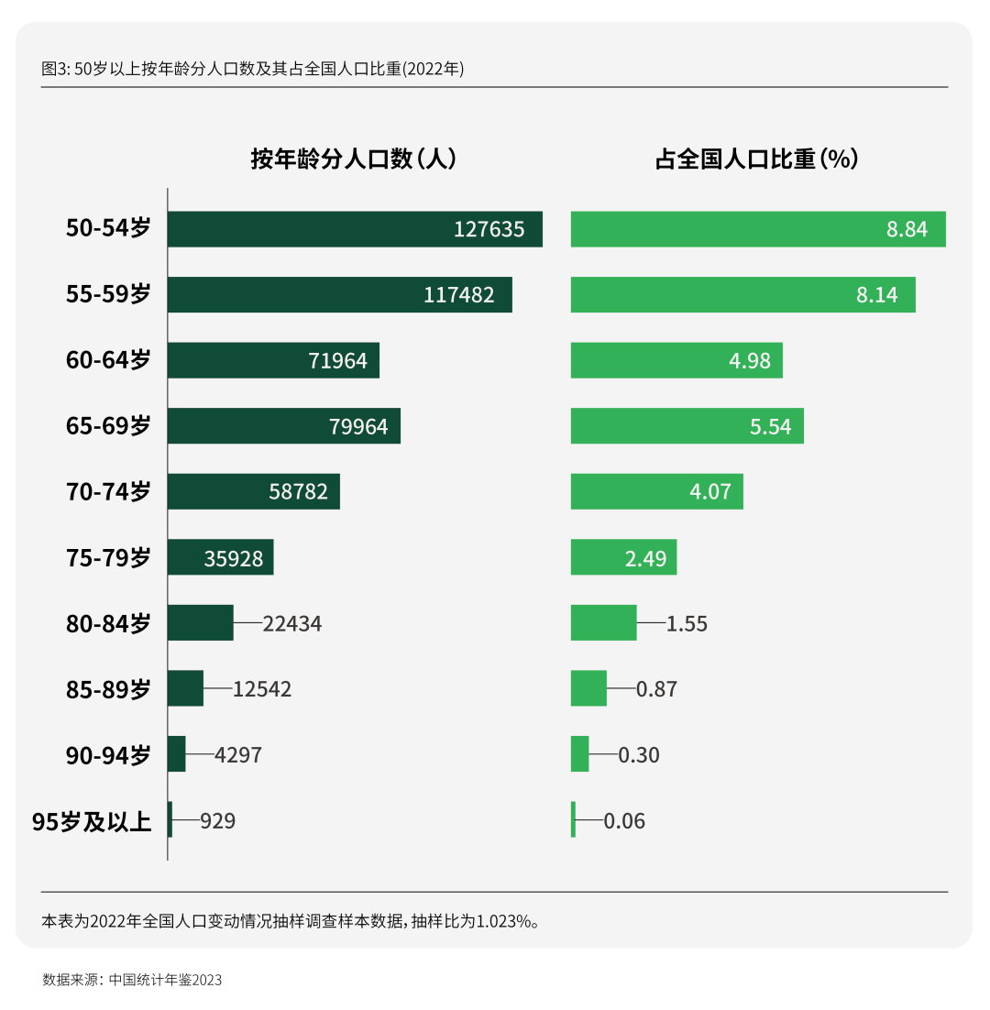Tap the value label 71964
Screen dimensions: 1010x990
(337, 361)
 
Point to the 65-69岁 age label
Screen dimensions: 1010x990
(108, 426)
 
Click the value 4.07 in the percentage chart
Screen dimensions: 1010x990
(710, 492)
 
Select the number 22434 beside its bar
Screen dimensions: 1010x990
(291, 624)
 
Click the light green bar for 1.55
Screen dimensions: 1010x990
(603, 623)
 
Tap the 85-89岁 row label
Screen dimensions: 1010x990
(108, 689)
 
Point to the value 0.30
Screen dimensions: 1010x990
(639, 755)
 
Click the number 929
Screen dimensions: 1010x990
(217, 821)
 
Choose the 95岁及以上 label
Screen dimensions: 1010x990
(92, 821)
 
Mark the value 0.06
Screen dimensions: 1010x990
(624, 821)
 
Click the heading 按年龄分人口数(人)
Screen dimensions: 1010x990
(354, 159)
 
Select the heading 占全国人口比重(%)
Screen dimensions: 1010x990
(756, 159)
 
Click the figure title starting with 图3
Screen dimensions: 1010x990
(253, 69)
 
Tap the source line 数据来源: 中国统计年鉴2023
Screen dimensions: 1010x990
(132, 980)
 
